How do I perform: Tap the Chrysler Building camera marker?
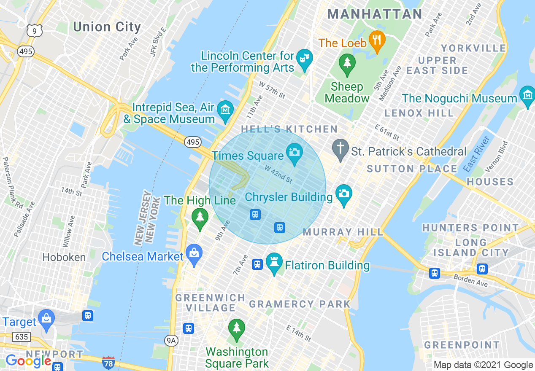point(344,194)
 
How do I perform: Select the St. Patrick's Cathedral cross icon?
point(340,148)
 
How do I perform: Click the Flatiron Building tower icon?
point(274,263)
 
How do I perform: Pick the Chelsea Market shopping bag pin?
point(194,253)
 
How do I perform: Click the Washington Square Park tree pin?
point(236,328)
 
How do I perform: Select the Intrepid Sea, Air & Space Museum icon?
point(225,110)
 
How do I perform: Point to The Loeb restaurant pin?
point(375,40)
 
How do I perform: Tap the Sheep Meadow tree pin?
point(347,63)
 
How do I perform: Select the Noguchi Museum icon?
point(527,95)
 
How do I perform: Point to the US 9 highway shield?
point(34,30)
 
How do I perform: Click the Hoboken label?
point(64,257)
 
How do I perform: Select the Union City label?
point(107,27)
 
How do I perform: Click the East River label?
point(476,154)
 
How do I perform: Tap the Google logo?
point(28,361)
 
